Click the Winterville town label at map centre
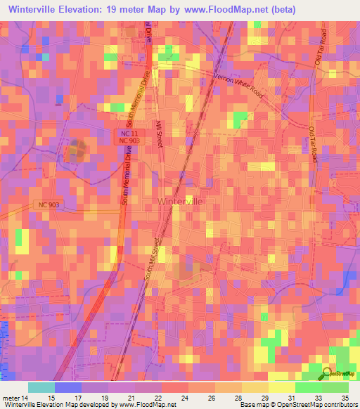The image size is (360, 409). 180,201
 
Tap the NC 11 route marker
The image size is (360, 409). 124,132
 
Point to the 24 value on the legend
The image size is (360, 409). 184,398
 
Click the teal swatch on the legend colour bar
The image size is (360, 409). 41,387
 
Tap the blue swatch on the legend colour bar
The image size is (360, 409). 68,387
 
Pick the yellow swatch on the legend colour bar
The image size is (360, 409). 282,387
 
